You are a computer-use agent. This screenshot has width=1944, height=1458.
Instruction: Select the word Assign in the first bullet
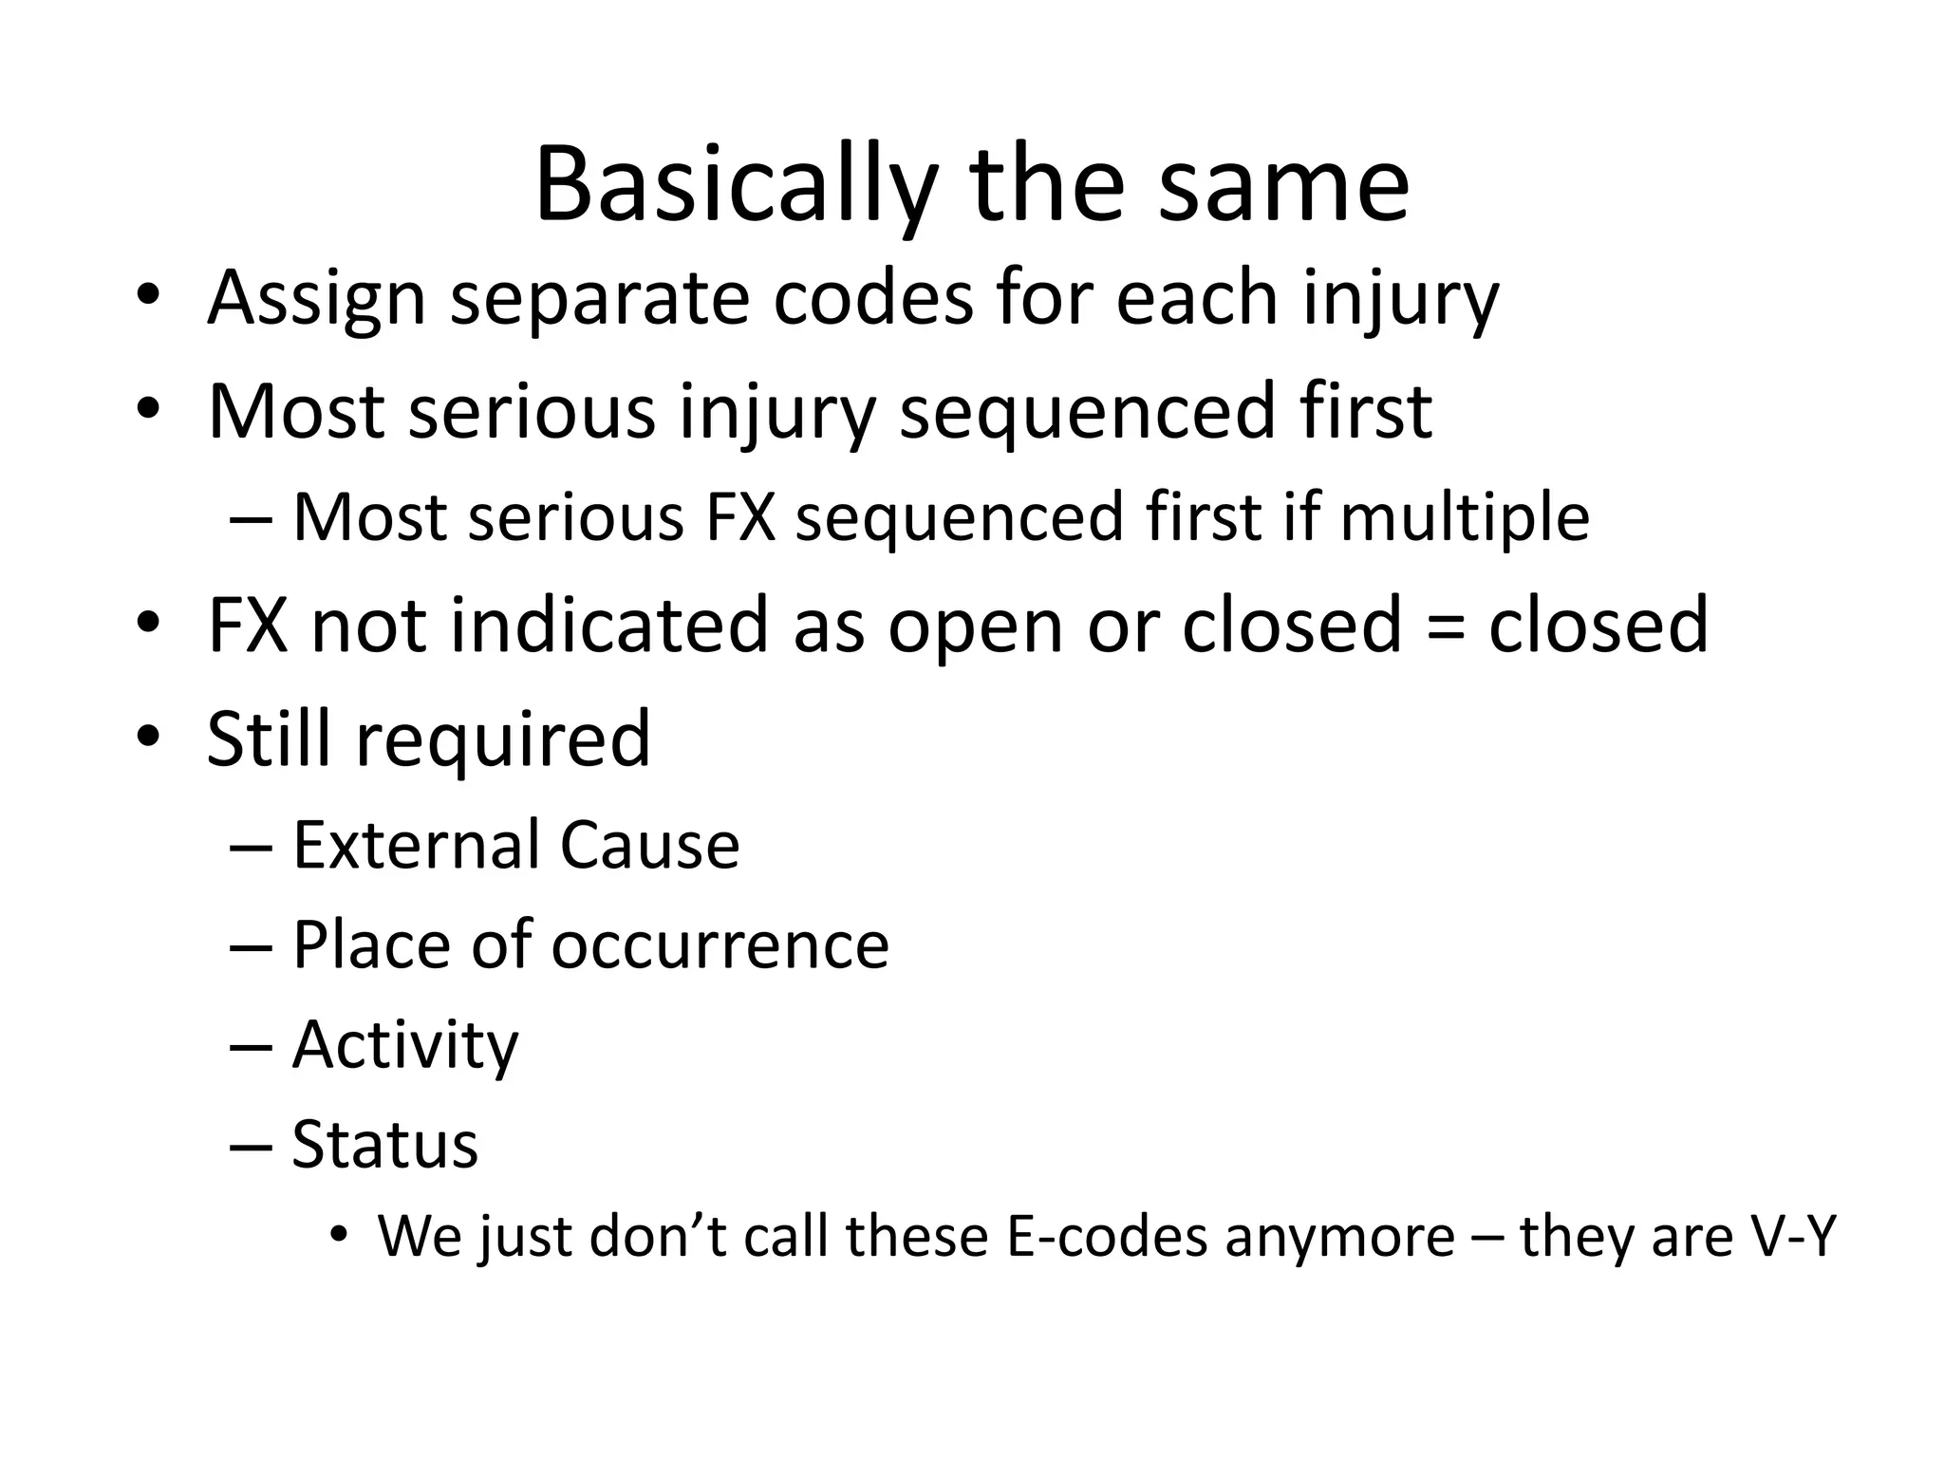point(316,298)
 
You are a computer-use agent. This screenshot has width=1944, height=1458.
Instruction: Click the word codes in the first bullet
point(872,298)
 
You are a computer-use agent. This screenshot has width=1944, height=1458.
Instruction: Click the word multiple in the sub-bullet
point(1464,518)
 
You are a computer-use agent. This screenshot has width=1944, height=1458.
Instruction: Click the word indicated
point(607,625)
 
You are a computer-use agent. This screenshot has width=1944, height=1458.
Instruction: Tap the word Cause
point(649,845)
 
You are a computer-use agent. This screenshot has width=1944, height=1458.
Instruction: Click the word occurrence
point(720,945)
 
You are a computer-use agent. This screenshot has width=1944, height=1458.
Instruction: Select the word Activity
point(405,1046)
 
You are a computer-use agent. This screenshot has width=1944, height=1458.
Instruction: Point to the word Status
point(384,1145)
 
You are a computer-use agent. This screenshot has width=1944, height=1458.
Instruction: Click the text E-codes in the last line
point(1106,1237)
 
